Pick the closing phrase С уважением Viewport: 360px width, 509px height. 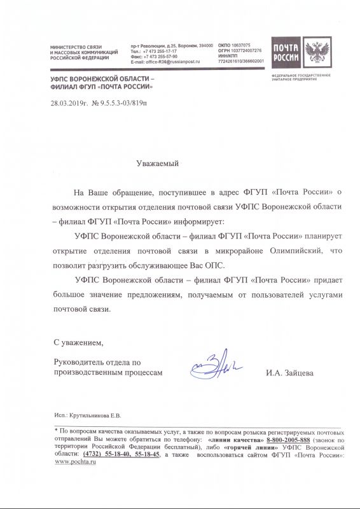pyautogui.click(x=78, y=344)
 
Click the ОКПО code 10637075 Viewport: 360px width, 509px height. pyautogui.click(x=239, y=45)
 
